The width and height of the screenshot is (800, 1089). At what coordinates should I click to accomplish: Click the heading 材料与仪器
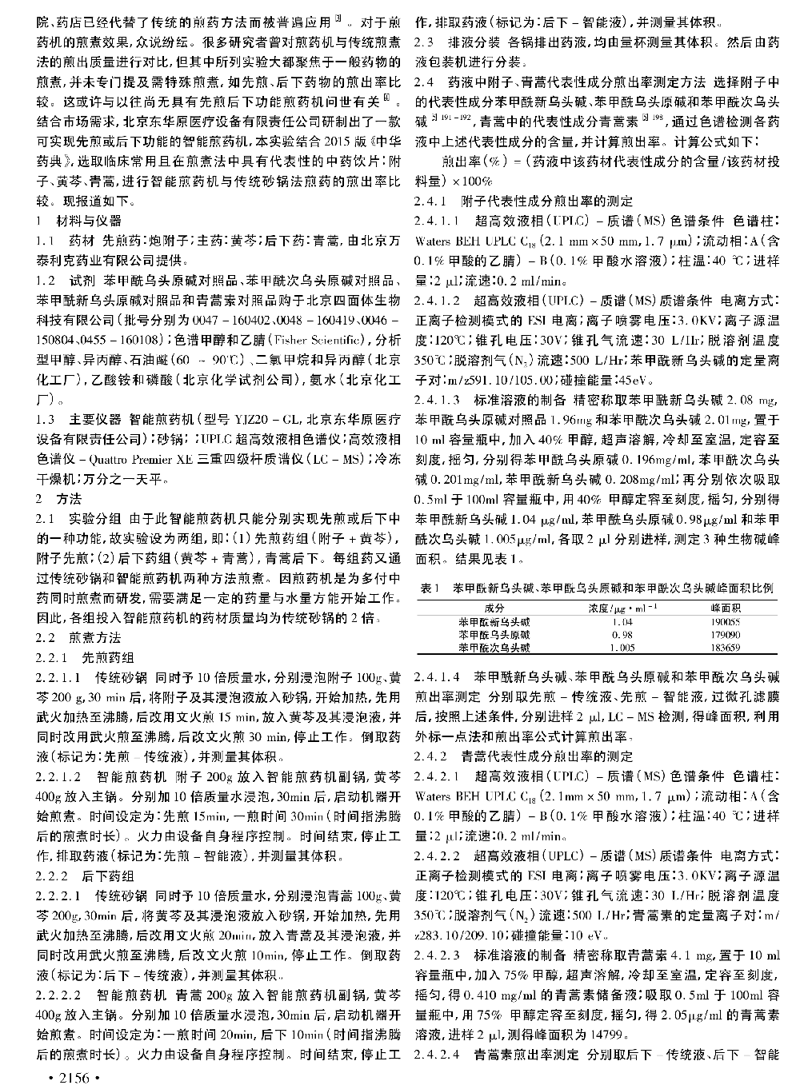coord(89,220)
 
